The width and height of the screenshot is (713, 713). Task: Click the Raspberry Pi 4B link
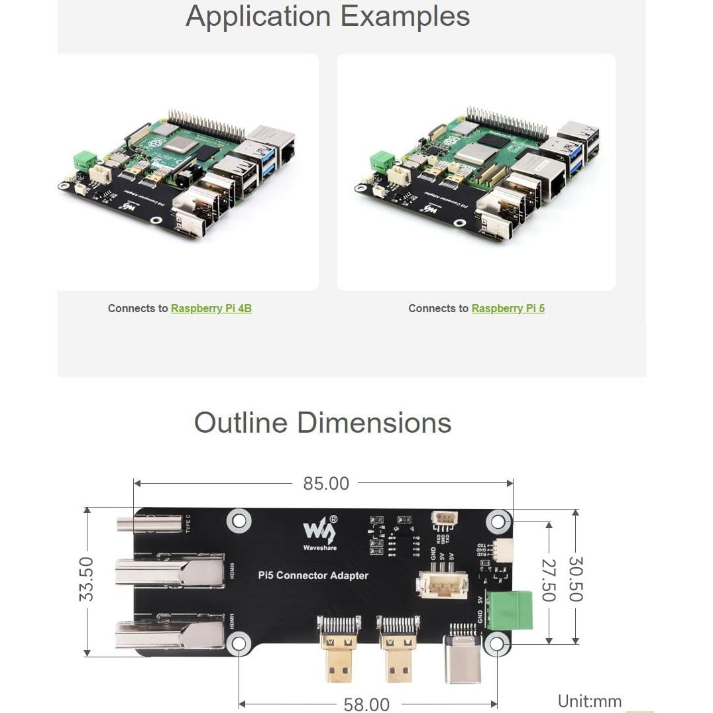point(211,308)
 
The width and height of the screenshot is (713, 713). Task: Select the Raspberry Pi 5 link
point(508,308)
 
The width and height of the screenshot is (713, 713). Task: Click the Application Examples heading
point(327,16)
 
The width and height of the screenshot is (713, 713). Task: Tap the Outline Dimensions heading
point(323,423)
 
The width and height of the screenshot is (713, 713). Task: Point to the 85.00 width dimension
point(325,484)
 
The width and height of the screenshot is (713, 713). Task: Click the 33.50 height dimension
point(86,579)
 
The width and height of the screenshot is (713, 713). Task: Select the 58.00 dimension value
point(366,704)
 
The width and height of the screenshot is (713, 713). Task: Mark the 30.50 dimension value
point(575,579)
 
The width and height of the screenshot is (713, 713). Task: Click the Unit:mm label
point(589,701)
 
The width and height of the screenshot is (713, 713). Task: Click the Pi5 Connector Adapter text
point(313,575)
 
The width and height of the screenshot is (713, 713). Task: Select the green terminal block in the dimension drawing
point(509,610)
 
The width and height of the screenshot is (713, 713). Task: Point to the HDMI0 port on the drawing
point(170,573)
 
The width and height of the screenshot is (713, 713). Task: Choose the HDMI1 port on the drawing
point(170,634)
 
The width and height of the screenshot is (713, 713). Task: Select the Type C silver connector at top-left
point(149,525)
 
